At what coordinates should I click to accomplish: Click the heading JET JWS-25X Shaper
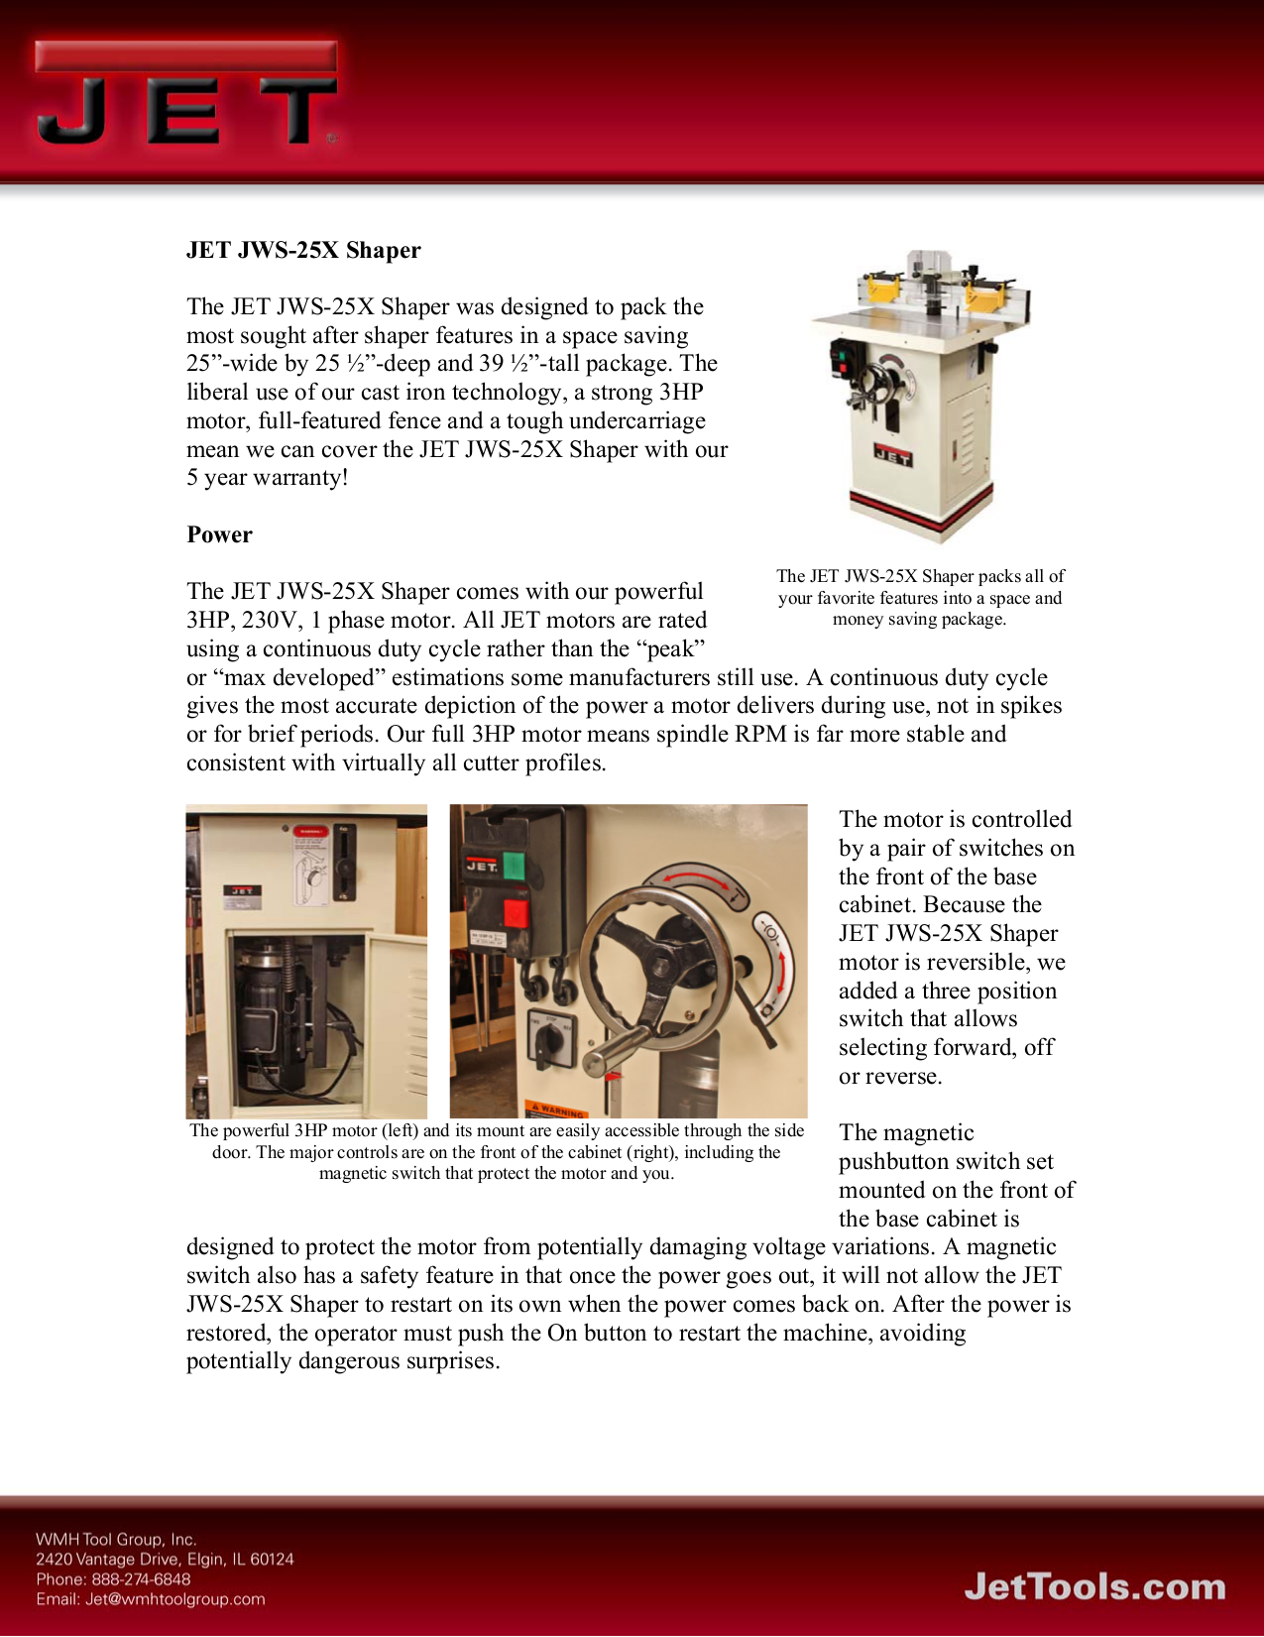click(x=303, y=250)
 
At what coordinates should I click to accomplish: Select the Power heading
click(x=219, y=534)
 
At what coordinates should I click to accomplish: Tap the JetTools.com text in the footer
click(x=1094, y=1586)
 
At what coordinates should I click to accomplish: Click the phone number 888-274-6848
click(x=141, y=1579)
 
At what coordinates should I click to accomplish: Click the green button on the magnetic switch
click(x=514, y=865)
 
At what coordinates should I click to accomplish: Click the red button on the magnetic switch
click(x=516, y=911)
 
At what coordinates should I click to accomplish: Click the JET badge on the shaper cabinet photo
click(x=892, y=457)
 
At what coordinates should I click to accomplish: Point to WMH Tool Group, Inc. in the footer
click(x=116, y=1540)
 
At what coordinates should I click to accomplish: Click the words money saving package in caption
click(x=919, y=620)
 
